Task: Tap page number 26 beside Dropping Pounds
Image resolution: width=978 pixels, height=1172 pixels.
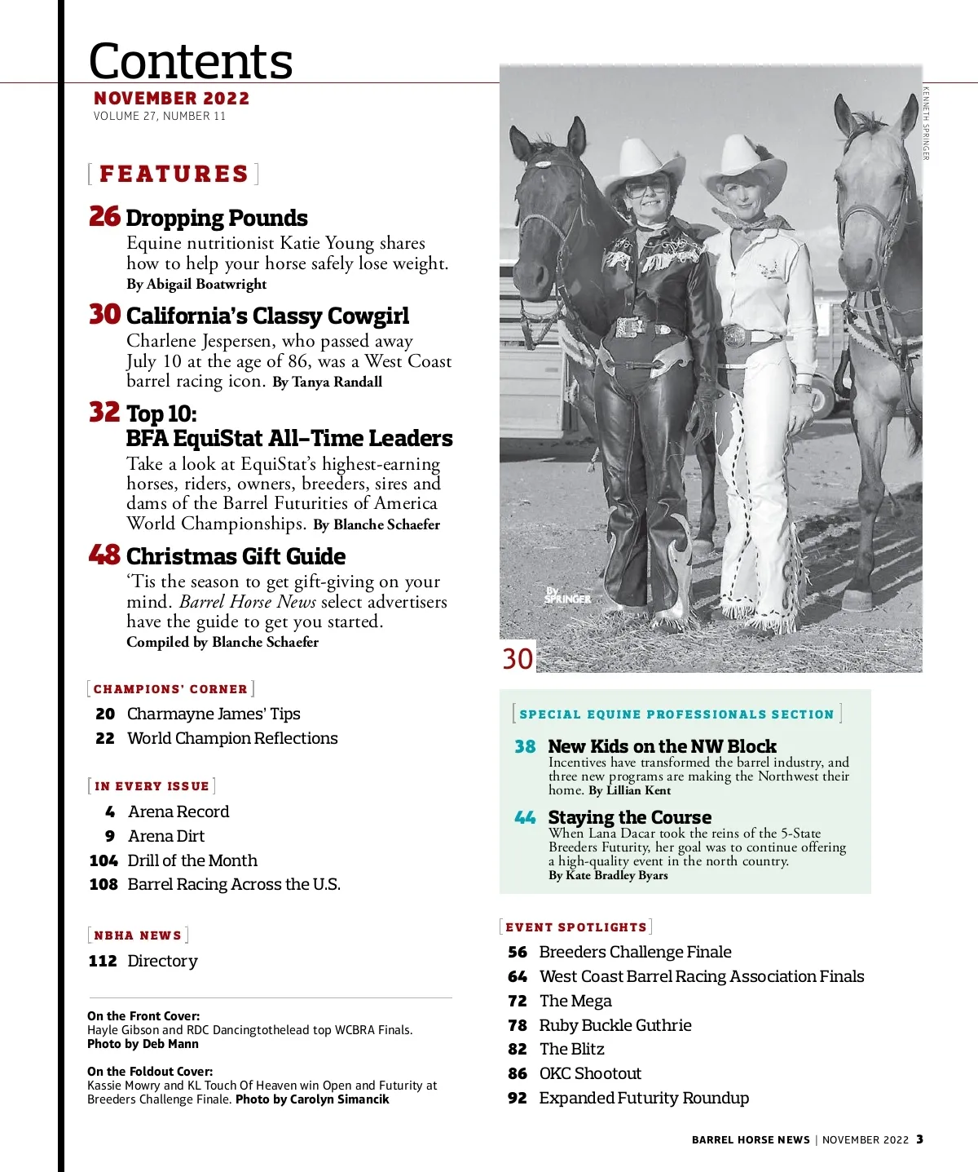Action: tap(104, 216)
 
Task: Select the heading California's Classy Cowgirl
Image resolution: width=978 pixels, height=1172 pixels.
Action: tap(267, 316)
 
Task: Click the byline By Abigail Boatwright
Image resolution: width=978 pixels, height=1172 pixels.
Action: tap(196, 284)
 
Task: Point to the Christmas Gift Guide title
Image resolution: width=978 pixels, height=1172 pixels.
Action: tap(236, 556)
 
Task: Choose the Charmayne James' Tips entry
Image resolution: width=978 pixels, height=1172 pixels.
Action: tap(214, 714)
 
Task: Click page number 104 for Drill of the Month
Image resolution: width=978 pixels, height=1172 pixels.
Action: tap(104, 860)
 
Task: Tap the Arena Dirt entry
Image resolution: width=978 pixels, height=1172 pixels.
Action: tap(166, 836)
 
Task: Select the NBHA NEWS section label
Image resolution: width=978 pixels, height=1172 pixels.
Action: tap(138, 935)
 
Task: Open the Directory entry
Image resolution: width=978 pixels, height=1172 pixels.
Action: tap(162, 961)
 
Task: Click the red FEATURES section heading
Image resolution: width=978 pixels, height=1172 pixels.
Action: tap(174, 174)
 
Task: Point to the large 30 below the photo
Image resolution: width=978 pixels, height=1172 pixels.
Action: tap(518, 658)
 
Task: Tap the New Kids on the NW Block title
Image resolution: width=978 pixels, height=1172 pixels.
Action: tap(662, 746)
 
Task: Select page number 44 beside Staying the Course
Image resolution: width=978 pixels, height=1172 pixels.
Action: tap(525, 817)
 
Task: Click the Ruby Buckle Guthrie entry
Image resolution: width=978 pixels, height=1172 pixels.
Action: tap(615, 1025)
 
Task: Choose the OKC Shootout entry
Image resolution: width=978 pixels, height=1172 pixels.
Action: tap(590, 1073)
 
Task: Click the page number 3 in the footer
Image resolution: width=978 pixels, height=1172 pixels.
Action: tap(919, 1139)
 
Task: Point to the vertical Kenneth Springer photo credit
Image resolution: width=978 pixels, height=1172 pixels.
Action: tap(926, 122)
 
